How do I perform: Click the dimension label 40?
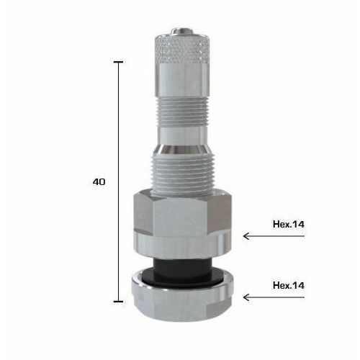[x=99, y=182]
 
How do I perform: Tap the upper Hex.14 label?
[x=289, y=225]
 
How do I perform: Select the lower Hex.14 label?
[x=289, y=286]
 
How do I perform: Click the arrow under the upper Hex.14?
[x=274, y=236]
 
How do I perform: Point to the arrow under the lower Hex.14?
[x=274, y=297]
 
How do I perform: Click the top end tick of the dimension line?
[x=118, y=62]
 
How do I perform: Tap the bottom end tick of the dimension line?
[x=118, y=302]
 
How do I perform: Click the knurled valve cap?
[x=182, y=49]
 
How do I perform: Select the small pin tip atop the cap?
[x=181, y=31]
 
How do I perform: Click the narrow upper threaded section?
[x=181, y=112]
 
